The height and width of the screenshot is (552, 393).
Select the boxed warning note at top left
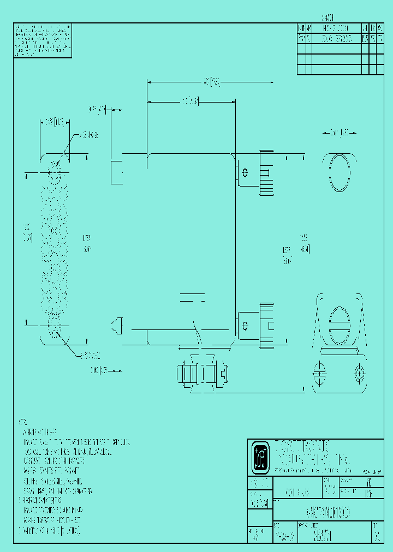(43, 41)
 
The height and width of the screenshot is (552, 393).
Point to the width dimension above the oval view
(339, 133)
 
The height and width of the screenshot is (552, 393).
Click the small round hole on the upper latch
(245, 173)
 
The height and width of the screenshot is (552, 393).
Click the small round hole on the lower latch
(245, 326)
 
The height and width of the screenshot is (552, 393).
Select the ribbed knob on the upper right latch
(266, 173)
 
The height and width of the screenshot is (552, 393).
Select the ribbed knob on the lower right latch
(266, 326)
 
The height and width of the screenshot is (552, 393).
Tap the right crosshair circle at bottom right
(359, 374)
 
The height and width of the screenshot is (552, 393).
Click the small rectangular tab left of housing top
(117, 172)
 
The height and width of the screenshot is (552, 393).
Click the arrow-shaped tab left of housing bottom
(116, 326)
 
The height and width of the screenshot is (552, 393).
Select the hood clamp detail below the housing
(201, 375)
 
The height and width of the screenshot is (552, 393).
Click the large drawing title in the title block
(325, 513)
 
